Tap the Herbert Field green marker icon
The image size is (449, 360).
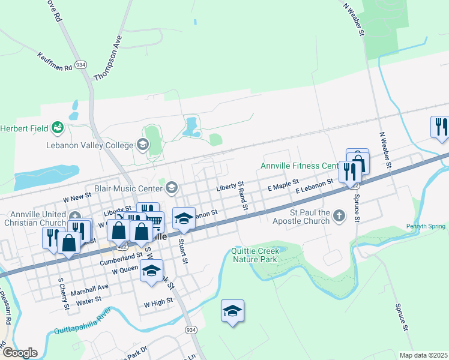tap(58, 127)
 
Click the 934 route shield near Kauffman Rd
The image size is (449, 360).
tap(81, 64)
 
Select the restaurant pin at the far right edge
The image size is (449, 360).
tap(439, 127)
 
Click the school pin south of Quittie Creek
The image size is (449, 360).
tap(232, 311)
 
